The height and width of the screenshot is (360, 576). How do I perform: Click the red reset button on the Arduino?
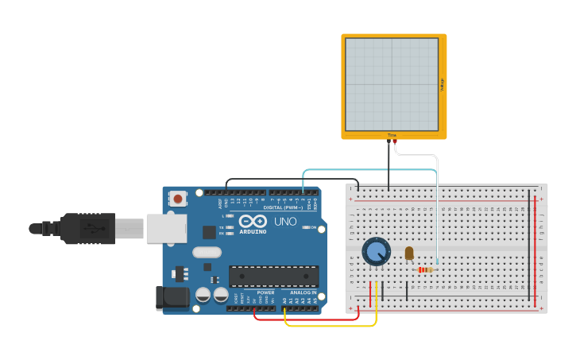click(178, 199)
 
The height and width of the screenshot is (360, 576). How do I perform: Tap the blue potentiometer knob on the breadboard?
click(376, 251)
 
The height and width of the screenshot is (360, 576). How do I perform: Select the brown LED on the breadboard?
click(409, 253)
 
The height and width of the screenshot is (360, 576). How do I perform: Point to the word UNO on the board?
click(285, 221)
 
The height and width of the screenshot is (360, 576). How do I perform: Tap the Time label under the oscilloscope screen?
click(392, 135)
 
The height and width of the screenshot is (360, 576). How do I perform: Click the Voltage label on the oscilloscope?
click(441, 84)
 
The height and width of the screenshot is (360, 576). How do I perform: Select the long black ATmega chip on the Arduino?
click(273, 276)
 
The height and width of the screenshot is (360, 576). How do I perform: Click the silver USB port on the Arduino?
click(165, 228)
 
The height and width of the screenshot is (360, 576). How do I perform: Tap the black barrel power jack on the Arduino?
click(172, 297)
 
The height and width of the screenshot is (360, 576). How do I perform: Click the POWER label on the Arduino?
click(265, 292)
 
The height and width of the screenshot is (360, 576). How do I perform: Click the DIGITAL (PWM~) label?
click(277, 207)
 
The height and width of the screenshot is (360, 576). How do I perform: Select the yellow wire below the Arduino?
click(330, 325)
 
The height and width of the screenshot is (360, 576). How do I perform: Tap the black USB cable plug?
click(87, 228)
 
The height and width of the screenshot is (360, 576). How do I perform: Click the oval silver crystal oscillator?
click(207, 253)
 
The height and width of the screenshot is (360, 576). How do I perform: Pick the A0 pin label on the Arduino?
click(284, 300)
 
